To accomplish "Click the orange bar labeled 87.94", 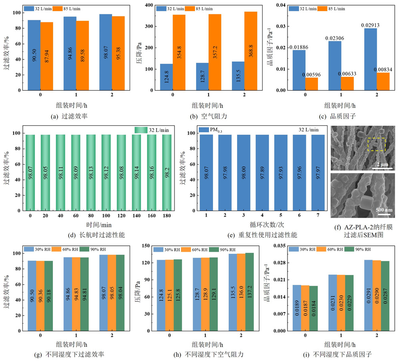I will pyautogui.click(x=46, y=56).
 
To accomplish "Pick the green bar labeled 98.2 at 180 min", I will pyautogui.click(x=167, y=172).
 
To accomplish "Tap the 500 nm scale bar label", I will pyautogui.click(x=384, y=209).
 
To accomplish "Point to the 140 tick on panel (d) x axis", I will pyautogui.click(x=136, y=216).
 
